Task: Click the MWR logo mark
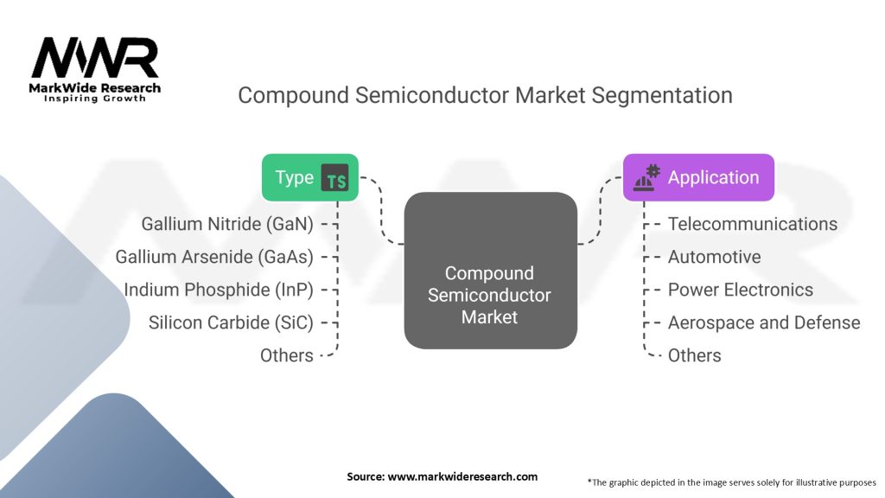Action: (x=95, y=58)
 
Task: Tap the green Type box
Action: (x=310, y=177)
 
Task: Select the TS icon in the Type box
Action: (x=334, y=178)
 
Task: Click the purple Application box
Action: (x=698, y=177)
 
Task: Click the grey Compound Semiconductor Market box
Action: (x=491, y=271)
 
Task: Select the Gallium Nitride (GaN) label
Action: (x=227, y=224)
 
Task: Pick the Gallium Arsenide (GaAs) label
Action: (x=214, y=257)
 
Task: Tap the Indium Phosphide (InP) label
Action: (x=219, y=290)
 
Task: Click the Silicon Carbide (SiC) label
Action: (x=231, y=322)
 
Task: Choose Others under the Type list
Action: (x=287, y=355)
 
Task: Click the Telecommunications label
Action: (x=753, y=224)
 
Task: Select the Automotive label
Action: (x=714, y=257)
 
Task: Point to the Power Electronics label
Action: (x=741, y=290)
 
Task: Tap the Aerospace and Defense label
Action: (x=764, y=322)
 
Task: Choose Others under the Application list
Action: (x=694, y=355)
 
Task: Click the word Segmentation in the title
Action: (x=662, y=95)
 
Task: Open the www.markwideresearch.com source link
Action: (x=462, y=476)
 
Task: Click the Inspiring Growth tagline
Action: (x=95, y=99)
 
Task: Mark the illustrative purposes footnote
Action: (x=731, y=482)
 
